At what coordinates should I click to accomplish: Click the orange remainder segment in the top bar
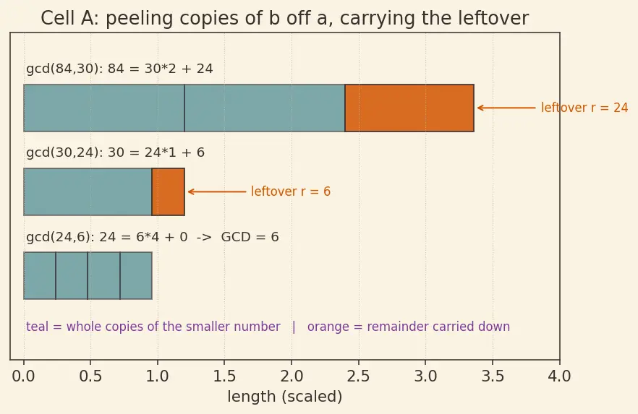(x=409, y=108)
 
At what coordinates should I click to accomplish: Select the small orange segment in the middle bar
(x=168, y=191)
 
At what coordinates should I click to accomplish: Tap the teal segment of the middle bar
(x=88, y=191)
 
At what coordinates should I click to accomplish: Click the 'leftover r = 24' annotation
(x=584, y=108)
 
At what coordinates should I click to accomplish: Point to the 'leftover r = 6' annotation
(x=291, y=191)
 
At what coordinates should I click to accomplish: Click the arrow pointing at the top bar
(x=506, y=108)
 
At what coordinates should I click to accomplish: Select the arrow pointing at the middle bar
(x=217, y=191)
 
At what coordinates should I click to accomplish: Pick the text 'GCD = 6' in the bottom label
(x=250, y=237)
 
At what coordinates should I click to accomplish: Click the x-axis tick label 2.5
(x=359, y=376)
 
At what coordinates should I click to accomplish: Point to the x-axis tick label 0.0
(x=24, y=376)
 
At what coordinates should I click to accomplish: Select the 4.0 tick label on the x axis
(x=559, y=376)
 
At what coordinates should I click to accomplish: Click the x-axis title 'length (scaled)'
(x=285, y=397)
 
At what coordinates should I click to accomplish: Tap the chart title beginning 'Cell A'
(x=285, y=18)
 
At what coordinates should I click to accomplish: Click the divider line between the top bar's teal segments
(x=184, y=108)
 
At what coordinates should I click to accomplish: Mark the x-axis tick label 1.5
(x=224, y=376)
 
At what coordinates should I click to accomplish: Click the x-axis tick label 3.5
(x=493, y=376)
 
